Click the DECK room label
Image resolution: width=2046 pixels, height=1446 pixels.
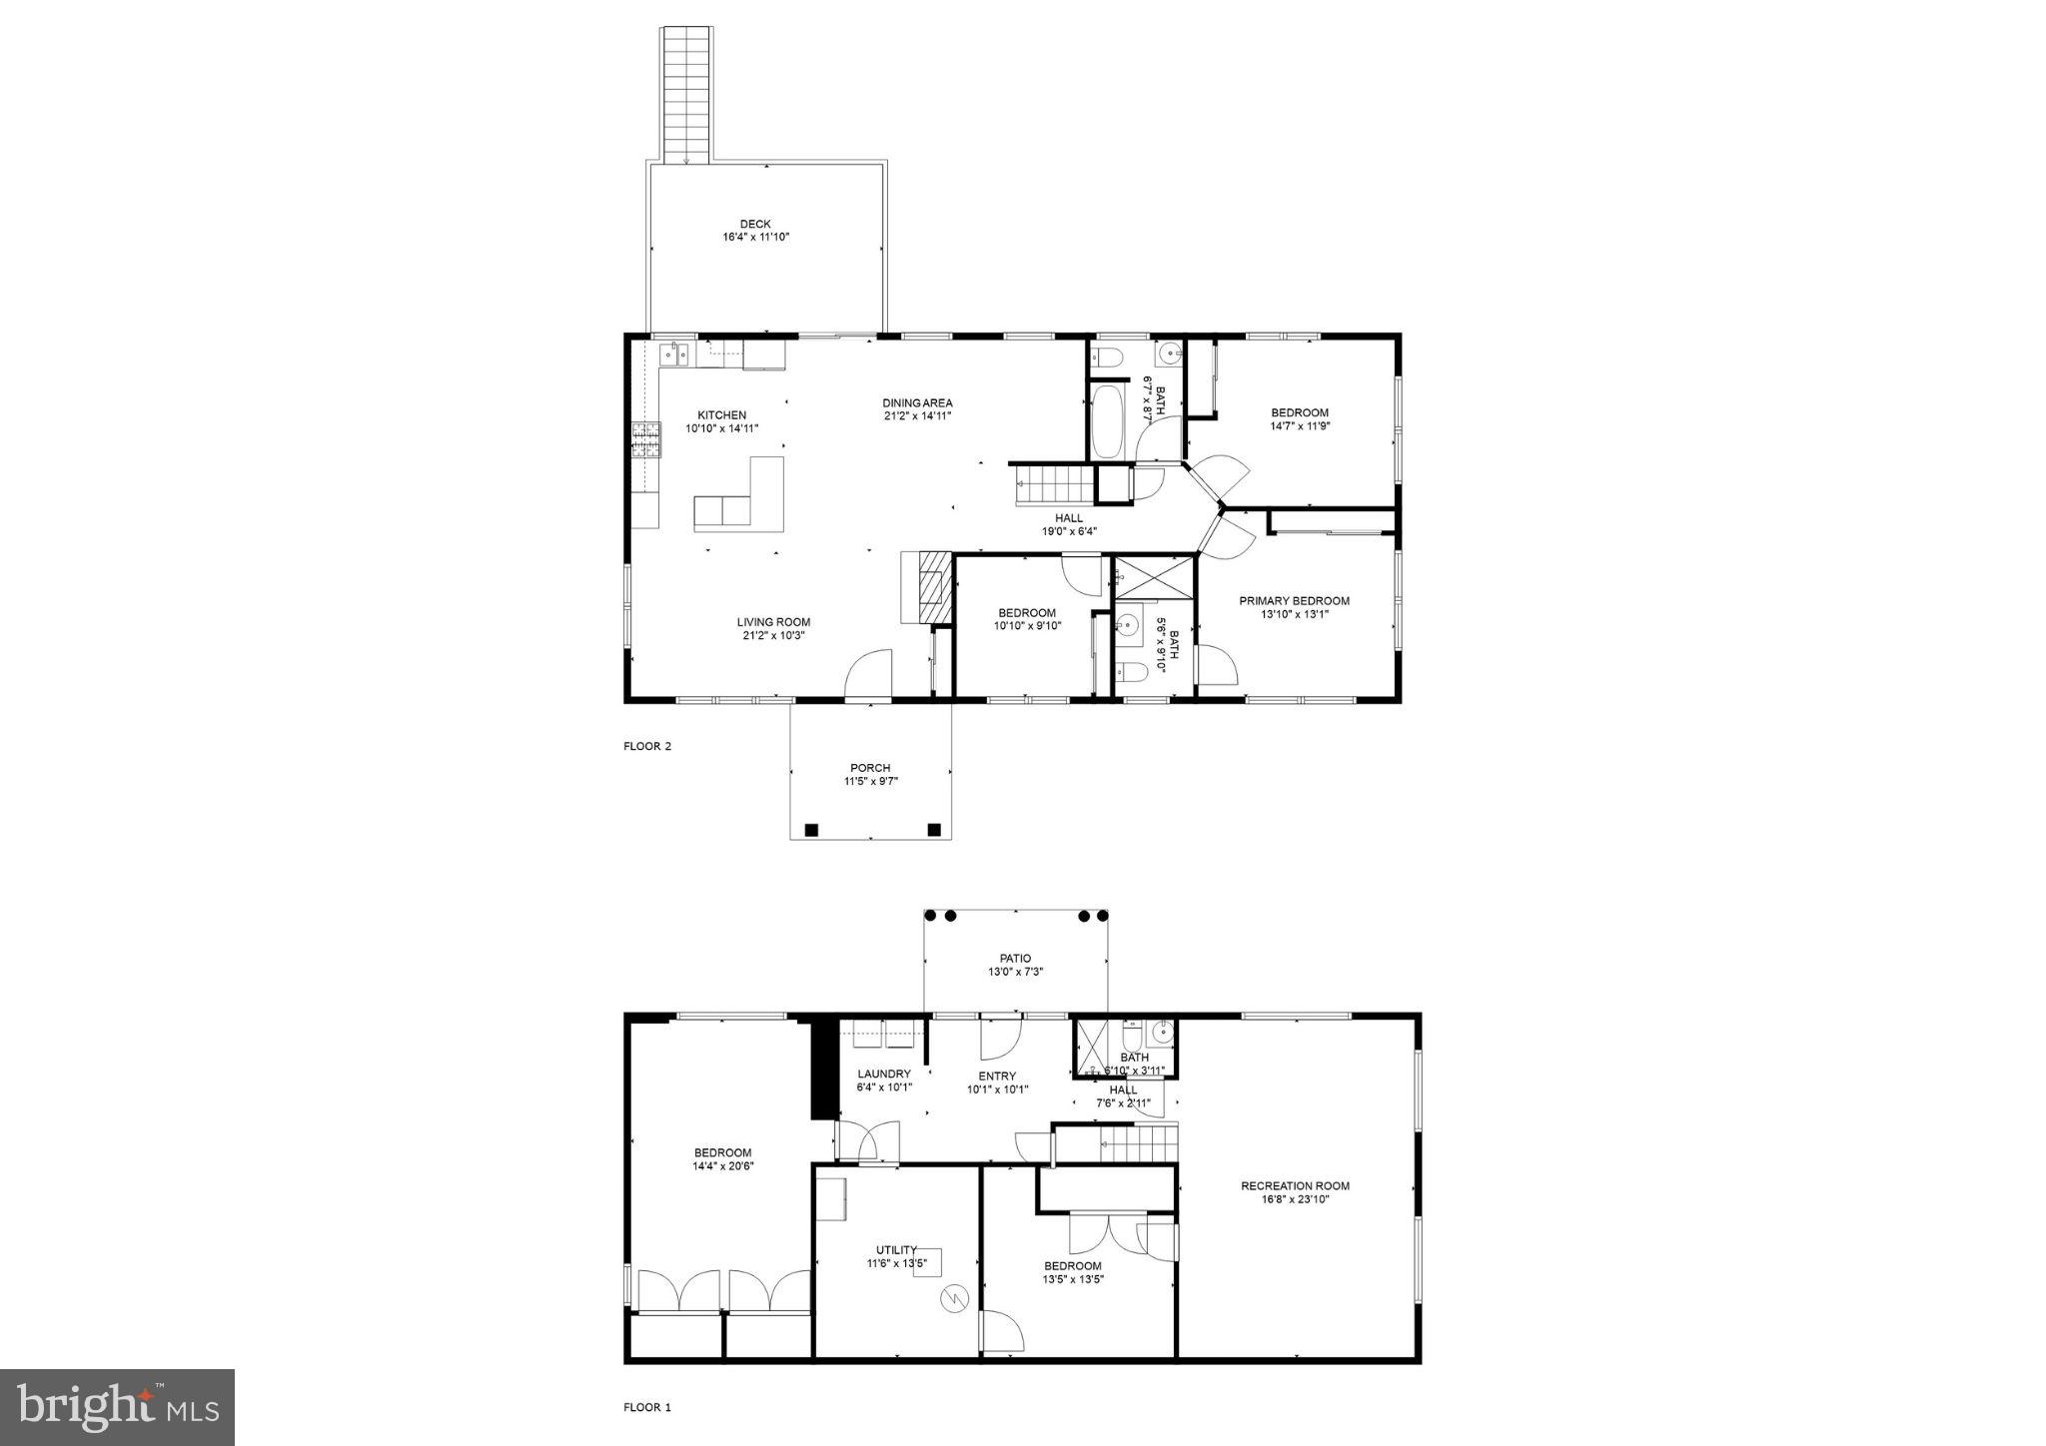(x=755, y=225)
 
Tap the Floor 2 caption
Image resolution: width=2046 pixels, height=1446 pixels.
(x=647, y=746)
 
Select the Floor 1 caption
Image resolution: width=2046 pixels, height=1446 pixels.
(x=647, y=1408)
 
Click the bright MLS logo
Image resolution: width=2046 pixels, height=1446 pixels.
(x=118, y=1407)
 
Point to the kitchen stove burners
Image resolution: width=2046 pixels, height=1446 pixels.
(x=646, y=439)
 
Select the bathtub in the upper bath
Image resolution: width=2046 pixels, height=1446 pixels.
(x=1107, y=423)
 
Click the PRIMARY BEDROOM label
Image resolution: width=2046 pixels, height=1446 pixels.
(x=1294, y=601)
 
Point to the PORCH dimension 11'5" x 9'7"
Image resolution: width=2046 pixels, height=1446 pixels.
(x=870, y=782)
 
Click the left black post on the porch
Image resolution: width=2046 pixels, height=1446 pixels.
(x=811, y=829)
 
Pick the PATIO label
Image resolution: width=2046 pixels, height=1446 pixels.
(x=1015, y=959)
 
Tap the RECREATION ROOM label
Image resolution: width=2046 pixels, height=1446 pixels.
(x=1295, y=1186)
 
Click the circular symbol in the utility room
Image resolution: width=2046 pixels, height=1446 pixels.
(x=954, y=1299)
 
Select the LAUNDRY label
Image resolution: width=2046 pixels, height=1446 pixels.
(x=884, y=1075)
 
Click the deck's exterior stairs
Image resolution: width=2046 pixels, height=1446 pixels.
(x=686, y=95)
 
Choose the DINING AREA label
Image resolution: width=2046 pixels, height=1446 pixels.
(x=917, y=403)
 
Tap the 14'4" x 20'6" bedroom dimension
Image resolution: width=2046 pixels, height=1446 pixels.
(x=722, y=1165)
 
